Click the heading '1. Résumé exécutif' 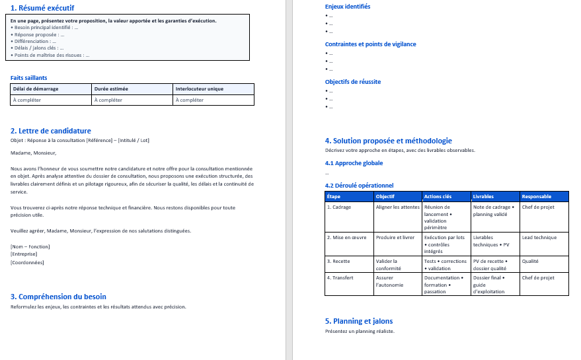[x=42, y=8]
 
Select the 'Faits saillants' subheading [x=28, y=77]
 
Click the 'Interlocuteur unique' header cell [x=199, y=89]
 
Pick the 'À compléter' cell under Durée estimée [x=108, y=100]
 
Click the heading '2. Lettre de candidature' [x=51, y=131]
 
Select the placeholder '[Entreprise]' [x=24, y=254]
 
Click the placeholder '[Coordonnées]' [x=27, y=262]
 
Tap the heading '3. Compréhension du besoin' [x=58, y=297]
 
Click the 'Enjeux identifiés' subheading [x=348, y=7]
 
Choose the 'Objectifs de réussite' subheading [x=353, y=82]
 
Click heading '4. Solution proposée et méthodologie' [x=389, y=141]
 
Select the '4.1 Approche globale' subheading [x=354, y=163]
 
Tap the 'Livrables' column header [x=483, y=196]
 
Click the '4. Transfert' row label [x=340, y=278]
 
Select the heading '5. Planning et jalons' [x=359, y=321]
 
